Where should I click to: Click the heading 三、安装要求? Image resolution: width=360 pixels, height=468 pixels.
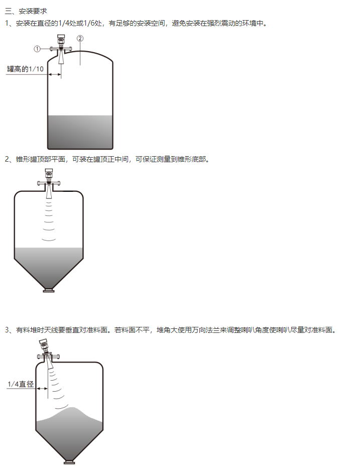(26, 11)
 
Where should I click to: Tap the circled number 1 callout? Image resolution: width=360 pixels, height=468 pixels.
(37, 49)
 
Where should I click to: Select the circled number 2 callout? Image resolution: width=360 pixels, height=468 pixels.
(80, 38)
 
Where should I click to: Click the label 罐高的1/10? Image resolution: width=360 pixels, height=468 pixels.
(26, 69)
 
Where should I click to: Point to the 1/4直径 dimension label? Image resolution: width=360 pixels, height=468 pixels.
(21, 384)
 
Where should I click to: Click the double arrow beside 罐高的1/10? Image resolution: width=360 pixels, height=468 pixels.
(55, 74)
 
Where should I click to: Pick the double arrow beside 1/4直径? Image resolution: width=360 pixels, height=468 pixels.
(42, 388)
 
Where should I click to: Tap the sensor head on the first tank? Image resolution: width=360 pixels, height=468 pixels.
(61, 39)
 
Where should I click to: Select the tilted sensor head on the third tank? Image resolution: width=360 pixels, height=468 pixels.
(44, 345)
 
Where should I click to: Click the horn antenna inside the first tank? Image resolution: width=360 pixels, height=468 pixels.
(61, 57)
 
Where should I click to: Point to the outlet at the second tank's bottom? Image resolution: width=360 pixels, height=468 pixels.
(49, 290)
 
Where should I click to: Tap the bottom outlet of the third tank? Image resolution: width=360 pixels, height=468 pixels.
(70, 462)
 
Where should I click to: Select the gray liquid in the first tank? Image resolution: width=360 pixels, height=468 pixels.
(80, 132)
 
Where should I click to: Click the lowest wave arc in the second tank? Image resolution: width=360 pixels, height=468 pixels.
(49, 240)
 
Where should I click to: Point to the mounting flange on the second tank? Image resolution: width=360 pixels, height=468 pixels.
(49, 183)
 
